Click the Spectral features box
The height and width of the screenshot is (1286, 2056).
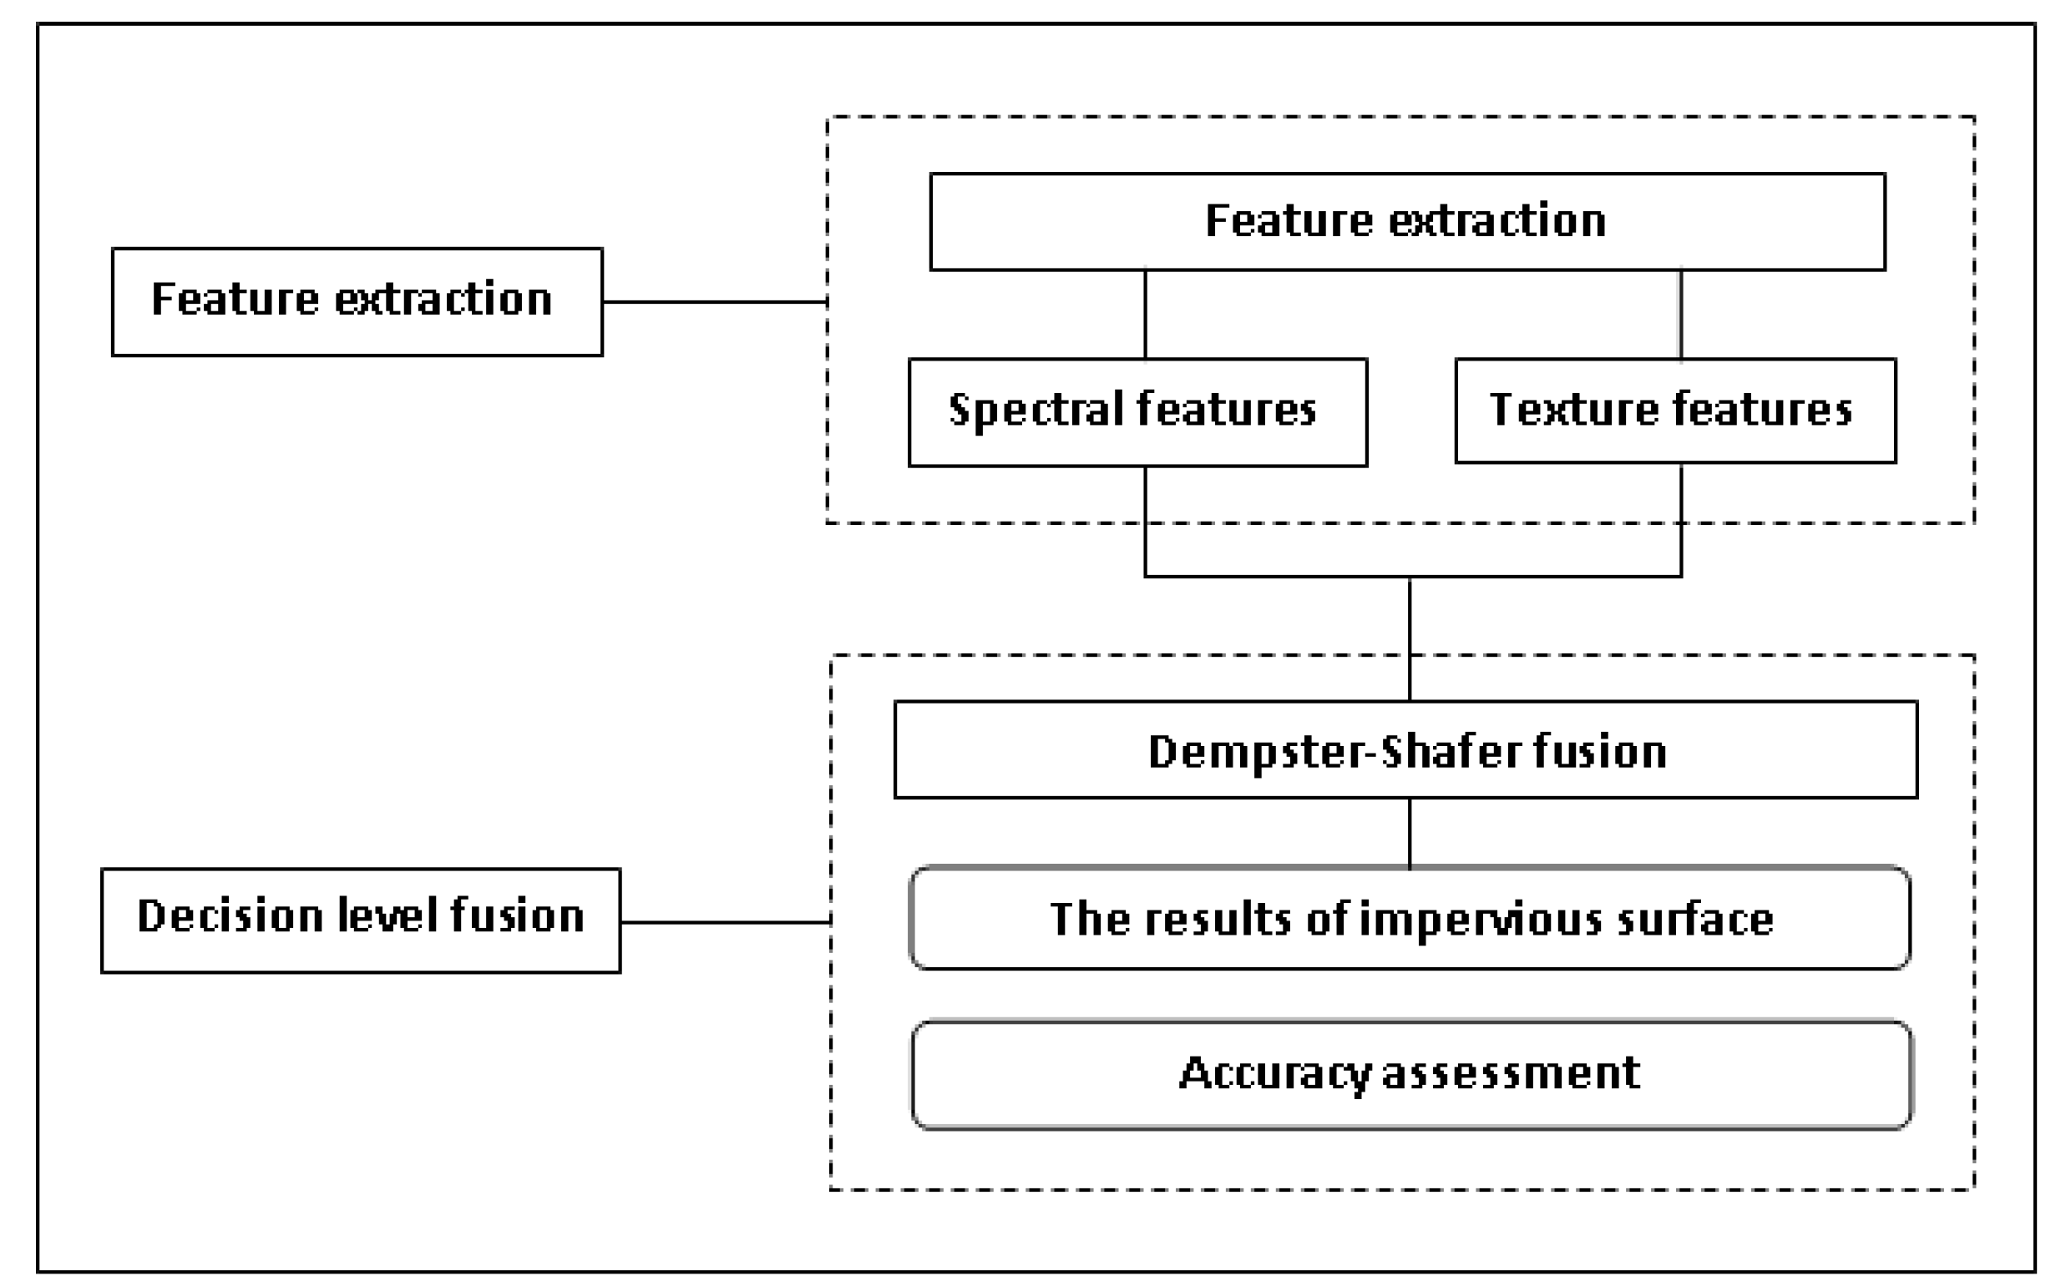(x=1137, y=411)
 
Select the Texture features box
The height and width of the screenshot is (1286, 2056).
(x=1674, y=411)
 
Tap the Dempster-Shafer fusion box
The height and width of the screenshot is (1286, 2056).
(x=1405, y=749)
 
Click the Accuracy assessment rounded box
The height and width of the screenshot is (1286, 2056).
(x=1411, y=1074)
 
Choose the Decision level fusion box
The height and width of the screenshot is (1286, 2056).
(x=360, y=920)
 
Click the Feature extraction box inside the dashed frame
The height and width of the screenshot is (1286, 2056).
(x=1406, y=222)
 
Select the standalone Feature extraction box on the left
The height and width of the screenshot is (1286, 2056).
(x=357, y=301)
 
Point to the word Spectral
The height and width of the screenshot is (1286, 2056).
(x=1034, y=410)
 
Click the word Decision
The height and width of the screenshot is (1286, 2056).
(x=230, y=916)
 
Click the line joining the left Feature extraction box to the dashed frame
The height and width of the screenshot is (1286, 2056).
(x=715, y=301)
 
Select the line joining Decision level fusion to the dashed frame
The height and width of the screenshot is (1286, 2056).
(x=725, y=921)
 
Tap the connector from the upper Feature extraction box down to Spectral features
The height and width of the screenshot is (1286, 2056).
(x=1145, y=315)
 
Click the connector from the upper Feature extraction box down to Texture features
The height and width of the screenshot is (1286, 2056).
(x=1680, y=315)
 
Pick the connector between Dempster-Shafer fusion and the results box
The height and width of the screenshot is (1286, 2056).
(x=1410, y=833)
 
